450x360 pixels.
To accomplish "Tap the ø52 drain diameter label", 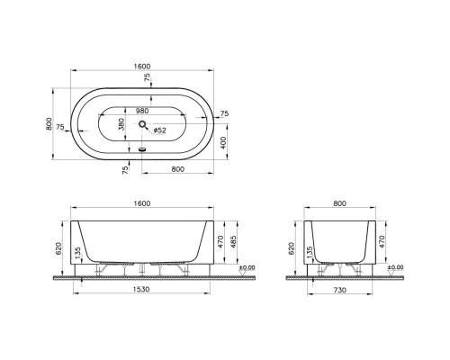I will (x=159, y=128).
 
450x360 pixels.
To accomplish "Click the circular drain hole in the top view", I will (x=142, y=127).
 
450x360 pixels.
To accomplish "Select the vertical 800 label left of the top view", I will (x=49, y=125).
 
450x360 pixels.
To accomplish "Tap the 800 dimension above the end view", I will (x=340, y=204).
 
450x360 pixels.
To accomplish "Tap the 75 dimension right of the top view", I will (x=224, y=113).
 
